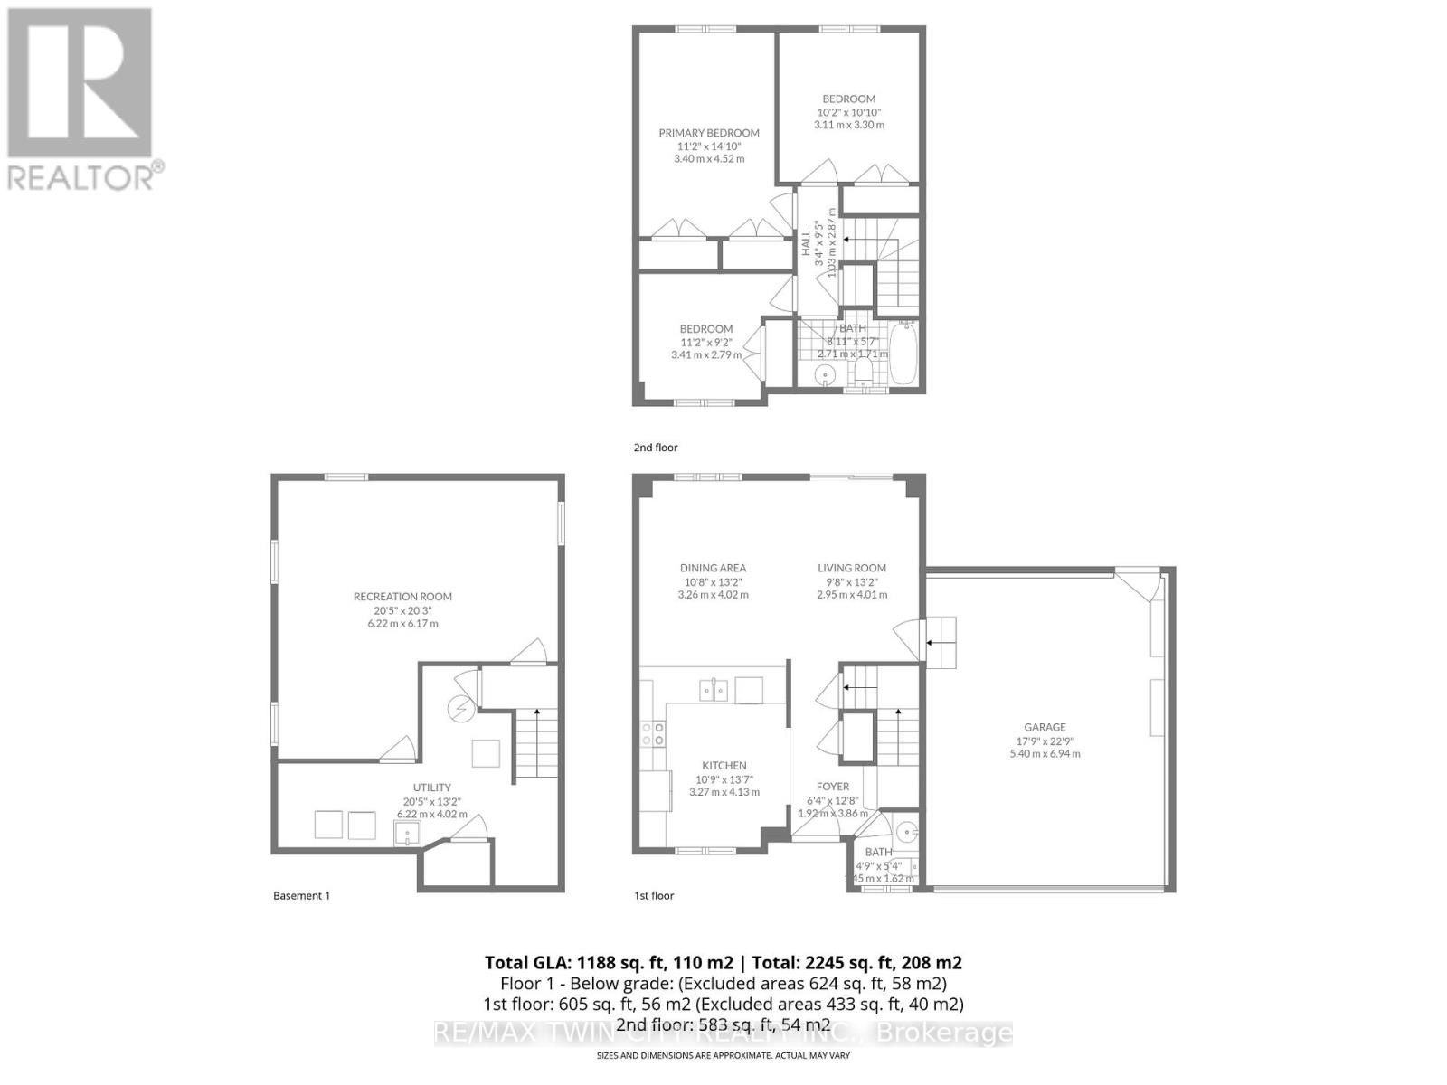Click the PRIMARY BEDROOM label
tap(708, 133)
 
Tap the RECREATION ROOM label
tap(402, 597)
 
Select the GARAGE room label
tap(1045, 727)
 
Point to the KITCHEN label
tap(723, 765)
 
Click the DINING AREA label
tap(713, 568)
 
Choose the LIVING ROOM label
tap(852, 568)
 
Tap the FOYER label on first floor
tap(833, 787)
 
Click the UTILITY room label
tap(431, 788)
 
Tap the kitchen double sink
tap(714, 691)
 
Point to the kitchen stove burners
tap(653, 733)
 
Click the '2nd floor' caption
tap(655, 448)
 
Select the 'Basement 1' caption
tap(301, 896)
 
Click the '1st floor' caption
tap(653, 896)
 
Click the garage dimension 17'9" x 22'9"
tap(1045, 741)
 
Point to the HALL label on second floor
tap(805, 242)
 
